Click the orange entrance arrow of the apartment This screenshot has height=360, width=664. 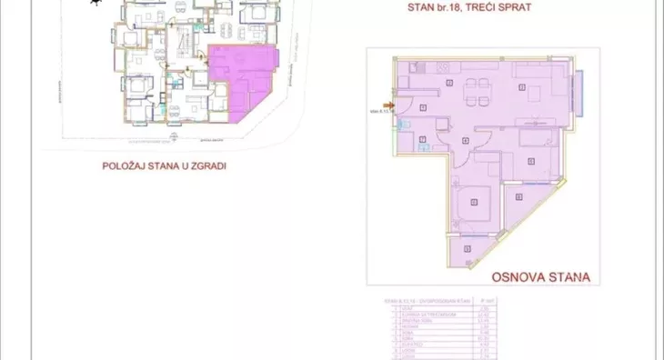coord(389,105)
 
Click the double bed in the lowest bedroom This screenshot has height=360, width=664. coord(474,204)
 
